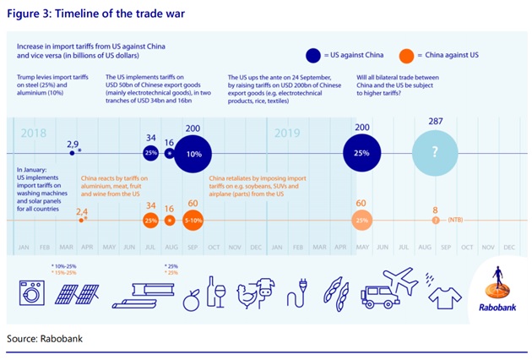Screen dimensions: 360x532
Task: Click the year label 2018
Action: (34, 134)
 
